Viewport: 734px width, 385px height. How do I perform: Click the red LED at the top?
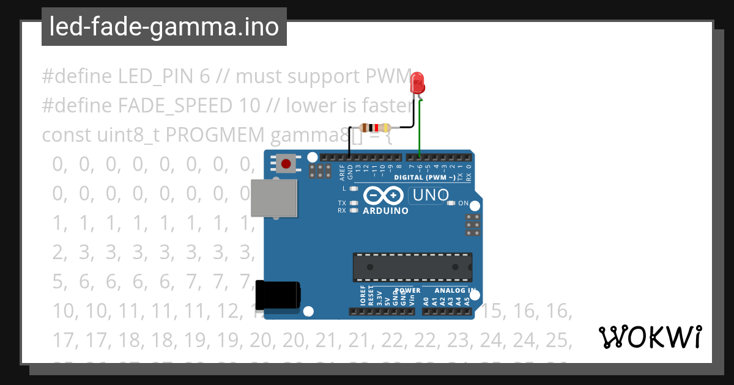[x=418, y=83]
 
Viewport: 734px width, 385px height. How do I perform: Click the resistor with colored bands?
[x=374, y=128]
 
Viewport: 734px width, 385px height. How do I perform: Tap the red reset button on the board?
[x=286, y=163]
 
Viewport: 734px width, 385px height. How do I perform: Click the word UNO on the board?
[x=431, y=196]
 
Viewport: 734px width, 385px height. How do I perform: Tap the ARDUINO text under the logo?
[x=385, y=211]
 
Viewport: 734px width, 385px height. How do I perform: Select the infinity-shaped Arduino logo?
[x=383, y=196]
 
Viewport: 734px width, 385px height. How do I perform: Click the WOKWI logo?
[x=650, y=337]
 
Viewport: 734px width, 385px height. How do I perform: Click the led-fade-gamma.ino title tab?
[x=164, y=27]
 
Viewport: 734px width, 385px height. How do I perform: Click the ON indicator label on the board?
[x=463, y=204]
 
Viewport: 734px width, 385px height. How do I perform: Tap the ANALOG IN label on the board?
[x=454, y=290]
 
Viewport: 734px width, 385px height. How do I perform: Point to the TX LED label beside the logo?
[x=342, y=203]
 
